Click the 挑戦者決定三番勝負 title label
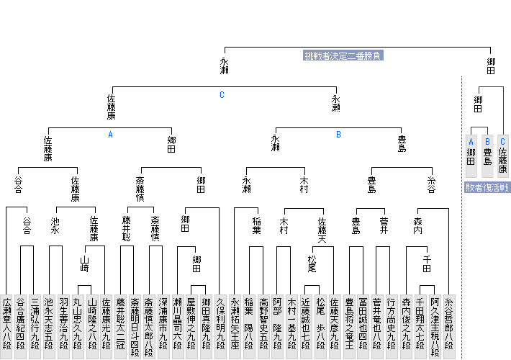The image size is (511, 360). (x=343, y=55)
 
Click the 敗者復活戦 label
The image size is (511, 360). (x=487, y=187)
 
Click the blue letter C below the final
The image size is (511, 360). (x=222, y=94)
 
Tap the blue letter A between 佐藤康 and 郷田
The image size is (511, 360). (x=111, y=134)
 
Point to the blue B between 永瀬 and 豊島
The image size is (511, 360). (x=338, y=134)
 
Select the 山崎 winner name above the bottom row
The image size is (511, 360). (x=84, y=263)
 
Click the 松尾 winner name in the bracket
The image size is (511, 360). (x=312, y=263)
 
